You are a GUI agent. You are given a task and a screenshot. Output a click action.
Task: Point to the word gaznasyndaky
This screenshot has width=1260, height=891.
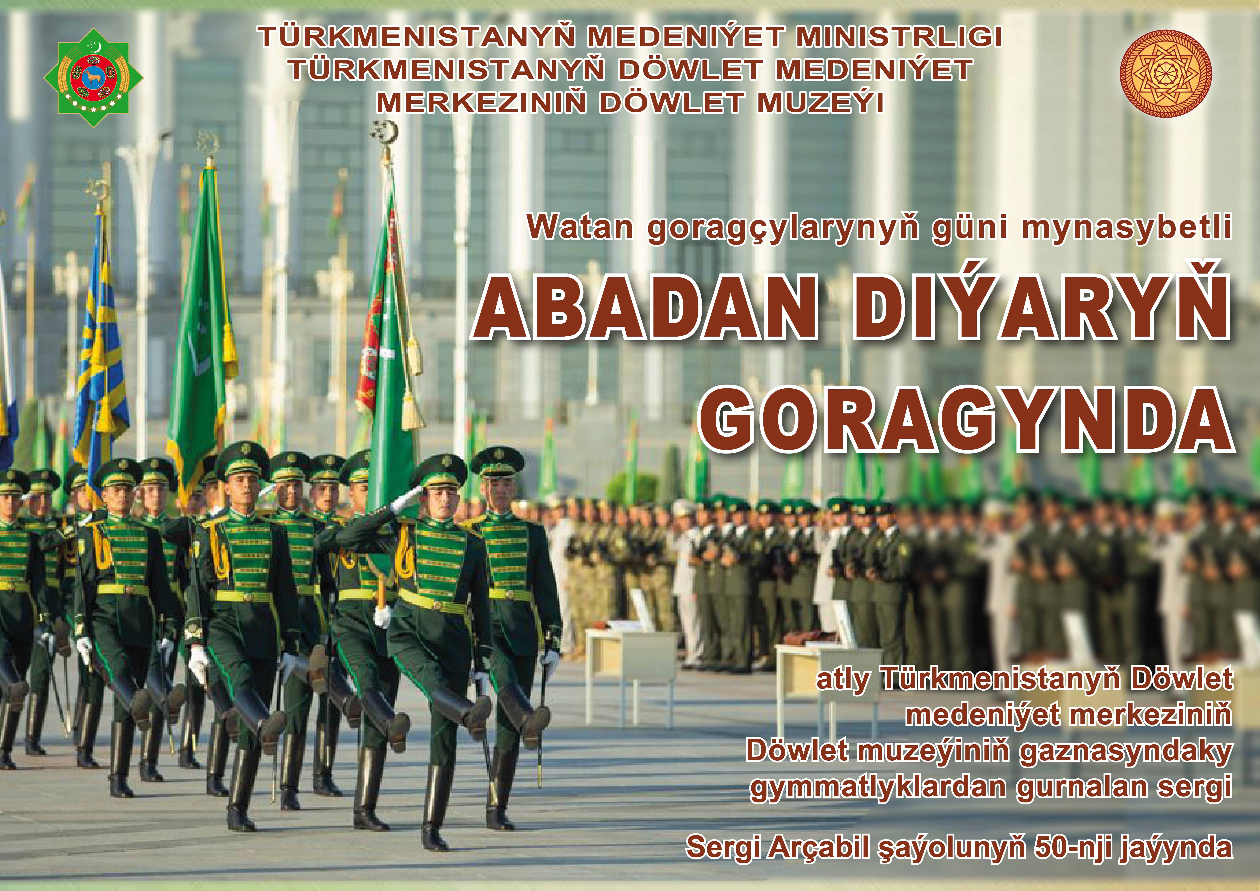1126,752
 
